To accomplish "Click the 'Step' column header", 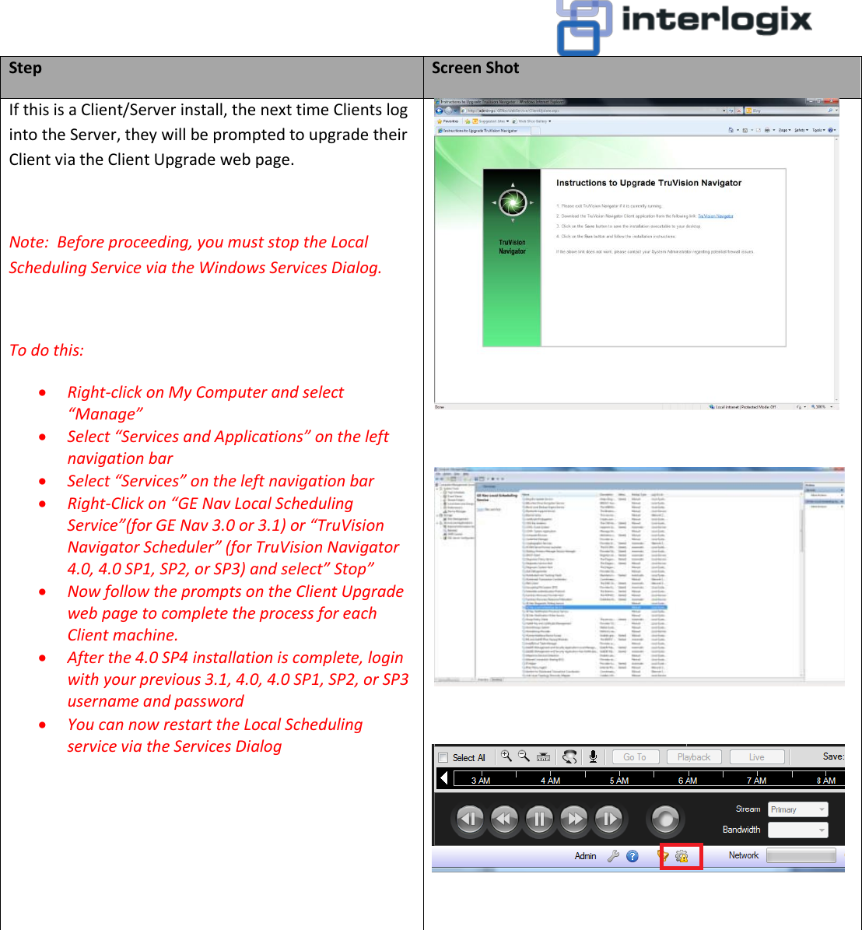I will [x=26, y=68].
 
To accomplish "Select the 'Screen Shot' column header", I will [x=475, y=68].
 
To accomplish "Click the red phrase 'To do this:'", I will [x=46, y=350].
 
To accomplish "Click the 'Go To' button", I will [x=635, y=756].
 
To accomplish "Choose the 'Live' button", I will [x=756, y=756].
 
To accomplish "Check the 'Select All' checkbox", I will [x=443, y=757].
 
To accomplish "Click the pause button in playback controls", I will [x=539, y=819].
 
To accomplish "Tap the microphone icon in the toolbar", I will [x=593, y=756].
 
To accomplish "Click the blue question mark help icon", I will [x=632, y=856].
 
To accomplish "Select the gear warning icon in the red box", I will [x=682, y=856].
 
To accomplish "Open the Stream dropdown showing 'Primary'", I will [x=797, y=809].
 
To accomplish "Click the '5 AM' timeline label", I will [x=619, y=781].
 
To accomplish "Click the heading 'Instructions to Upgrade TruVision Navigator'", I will [x=649, y=183].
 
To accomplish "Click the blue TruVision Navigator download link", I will [x=715, y=216].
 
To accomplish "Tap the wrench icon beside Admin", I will [x=613, y=856].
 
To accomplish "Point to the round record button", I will [x=665, y=819].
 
